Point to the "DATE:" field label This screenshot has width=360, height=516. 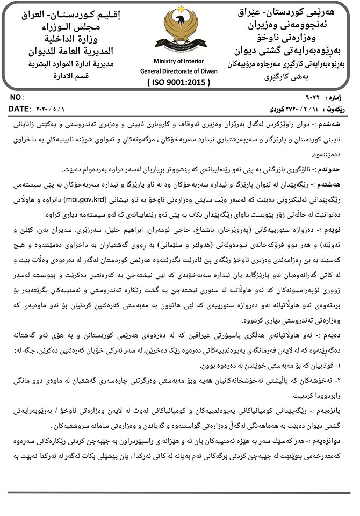pos(19,109)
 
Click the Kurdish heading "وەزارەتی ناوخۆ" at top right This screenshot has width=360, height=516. pos(293,39)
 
